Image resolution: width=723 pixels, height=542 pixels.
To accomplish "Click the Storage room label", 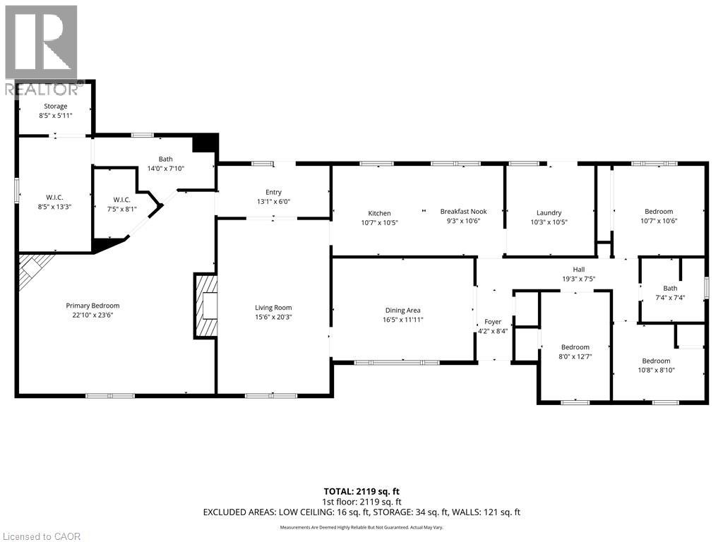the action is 55,106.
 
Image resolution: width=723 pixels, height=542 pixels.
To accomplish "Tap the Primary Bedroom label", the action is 92,306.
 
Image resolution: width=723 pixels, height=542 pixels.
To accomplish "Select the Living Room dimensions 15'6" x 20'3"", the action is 273,317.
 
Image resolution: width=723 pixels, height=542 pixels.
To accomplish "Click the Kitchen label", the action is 379,213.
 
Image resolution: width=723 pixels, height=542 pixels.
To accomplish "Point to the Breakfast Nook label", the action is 463,211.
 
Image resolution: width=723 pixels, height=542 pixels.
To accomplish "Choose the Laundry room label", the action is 549,212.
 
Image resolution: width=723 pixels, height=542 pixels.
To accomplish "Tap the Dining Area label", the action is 403,311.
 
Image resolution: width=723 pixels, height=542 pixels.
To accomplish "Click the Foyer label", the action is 493,322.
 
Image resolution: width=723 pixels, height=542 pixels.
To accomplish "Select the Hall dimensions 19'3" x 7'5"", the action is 579,279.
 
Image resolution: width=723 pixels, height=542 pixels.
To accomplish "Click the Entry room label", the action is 273,192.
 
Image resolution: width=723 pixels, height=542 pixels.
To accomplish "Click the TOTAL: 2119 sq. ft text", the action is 361,491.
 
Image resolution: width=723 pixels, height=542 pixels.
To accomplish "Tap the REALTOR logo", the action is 42,51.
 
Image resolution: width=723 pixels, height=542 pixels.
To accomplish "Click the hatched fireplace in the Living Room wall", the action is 205,306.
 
